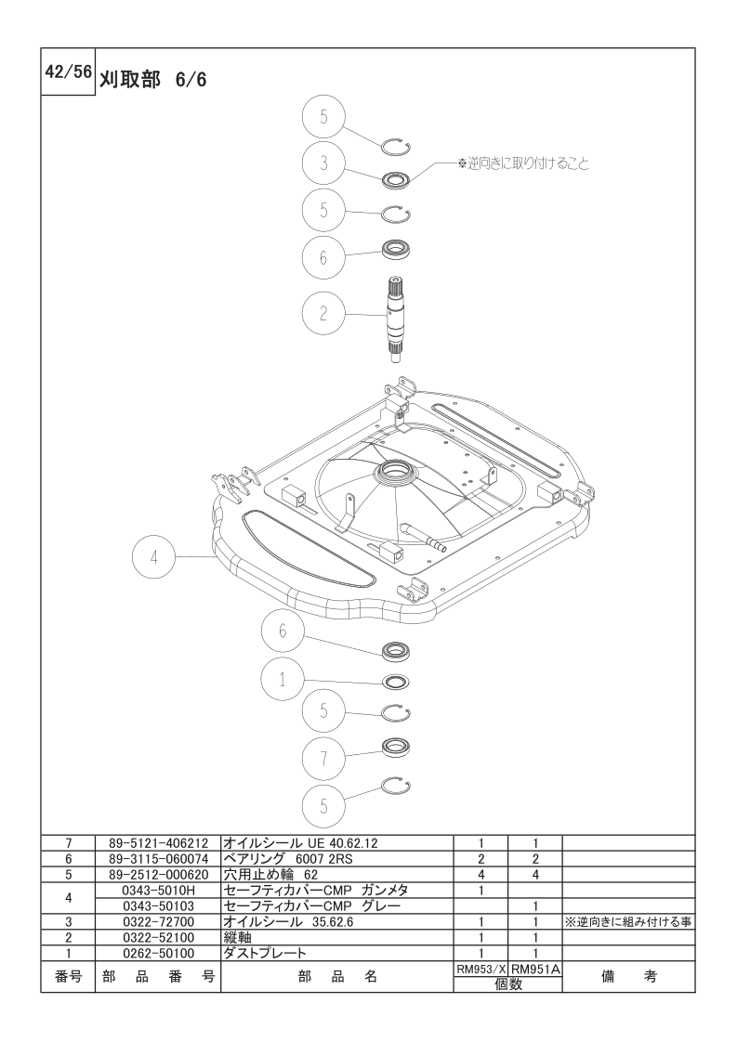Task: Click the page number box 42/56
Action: coord(68,72)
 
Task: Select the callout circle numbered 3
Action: coord(324,163)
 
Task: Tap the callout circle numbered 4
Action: coord(153,557)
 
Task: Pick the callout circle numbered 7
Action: coord(324,758)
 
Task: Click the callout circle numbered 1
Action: coord(283,680)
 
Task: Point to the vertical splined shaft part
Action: coord(398,319)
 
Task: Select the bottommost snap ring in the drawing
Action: coord(396,787)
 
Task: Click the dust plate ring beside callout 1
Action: coord(396,682)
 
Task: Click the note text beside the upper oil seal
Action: coord(523,163)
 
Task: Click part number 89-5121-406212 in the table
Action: coord(158,842)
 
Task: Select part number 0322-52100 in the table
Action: coord(158,938)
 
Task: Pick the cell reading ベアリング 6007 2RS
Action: coord(288,859)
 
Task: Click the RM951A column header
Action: coord(536,969)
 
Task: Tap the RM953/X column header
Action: coord(480,969)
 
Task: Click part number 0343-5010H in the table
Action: coord(158,890)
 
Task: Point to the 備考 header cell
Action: coord(628,976)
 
